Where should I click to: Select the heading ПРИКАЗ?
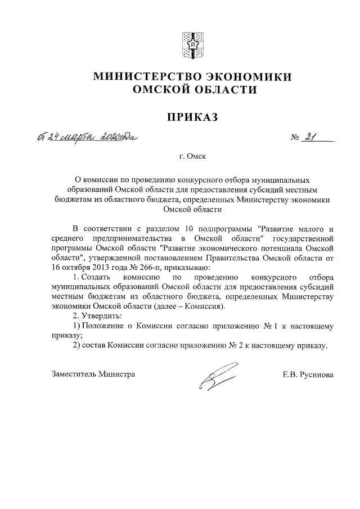point(191,117)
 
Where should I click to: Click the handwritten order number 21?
point(309,137)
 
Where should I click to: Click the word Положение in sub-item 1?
point(104,326)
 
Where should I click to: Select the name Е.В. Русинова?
point(308,374)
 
